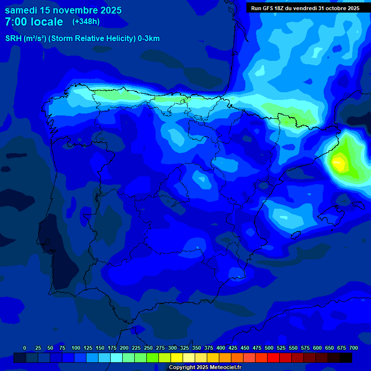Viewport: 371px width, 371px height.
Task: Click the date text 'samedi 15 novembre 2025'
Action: (x=63, y=10)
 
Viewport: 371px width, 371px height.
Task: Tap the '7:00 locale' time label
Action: (x=34, y=22)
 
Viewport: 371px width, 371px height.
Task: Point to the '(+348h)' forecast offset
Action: (x=86, y=21)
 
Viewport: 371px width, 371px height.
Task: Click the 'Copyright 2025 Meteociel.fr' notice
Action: (x=205, y=367)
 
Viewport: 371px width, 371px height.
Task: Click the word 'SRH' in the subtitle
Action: (x=14, y=39)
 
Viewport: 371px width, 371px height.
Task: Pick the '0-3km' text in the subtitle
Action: (x=149, y=39)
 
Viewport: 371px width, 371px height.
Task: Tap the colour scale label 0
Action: (x=25, y=348)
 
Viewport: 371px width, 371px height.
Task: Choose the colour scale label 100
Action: (x=76, y=348)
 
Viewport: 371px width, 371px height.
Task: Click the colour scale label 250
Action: (x=148, y=348)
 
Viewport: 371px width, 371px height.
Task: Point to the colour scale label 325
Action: (x=185, y=348)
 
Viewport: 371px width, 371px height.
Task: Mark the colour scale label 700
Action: (x=354, y=348)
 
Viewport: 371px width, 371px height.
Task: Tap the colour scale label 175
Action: (x=112, y=348)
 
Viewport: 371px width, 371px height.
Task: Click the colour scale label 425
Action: (x=233, y=348)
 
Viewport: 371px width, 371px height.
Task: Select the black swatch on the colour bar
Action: (x=346, y=357)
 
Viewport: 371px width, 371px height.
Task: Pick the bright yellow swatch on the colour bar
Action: (x=177, y=357)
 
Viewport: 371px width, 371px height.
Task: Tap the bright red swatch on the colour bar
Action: (x=273, y=357)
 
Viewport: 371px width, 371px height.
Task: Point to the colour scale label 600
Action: (x=317, y=348)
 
